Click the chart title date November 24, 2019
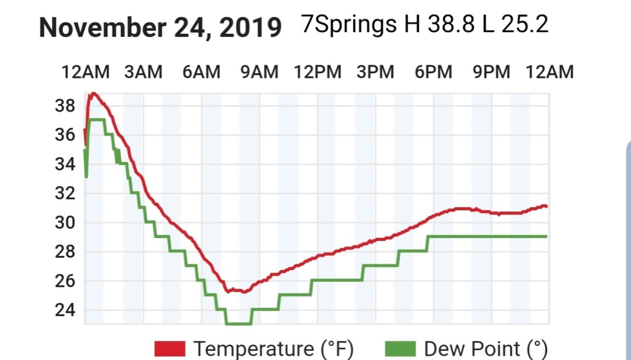[160, 28]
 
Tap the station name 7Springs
[349, 25]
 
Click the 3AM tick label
[143, 72]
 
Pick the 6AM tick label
[201, 72]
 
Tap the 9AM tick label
[259, 72]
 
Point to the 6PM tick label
[433, 72]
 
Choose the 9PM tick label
[491, 72]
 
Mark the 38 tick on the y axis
[65, 106]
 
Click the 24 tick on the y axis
[65, 310]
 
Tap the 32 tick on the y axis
[65, 194]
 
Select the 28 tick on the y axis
[65, 252]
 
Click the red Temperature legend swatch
[170, 349]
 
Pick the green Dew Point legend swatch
[400, 349]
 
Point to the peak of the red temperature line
[94, 93]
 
